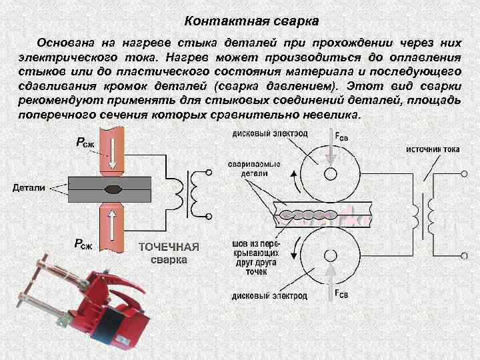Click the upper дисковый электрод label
(269, 133)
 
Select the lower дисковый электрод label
(269, 295)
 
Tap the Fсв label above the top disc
(341, 136)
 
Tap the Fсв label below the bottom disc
(341, 293)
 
